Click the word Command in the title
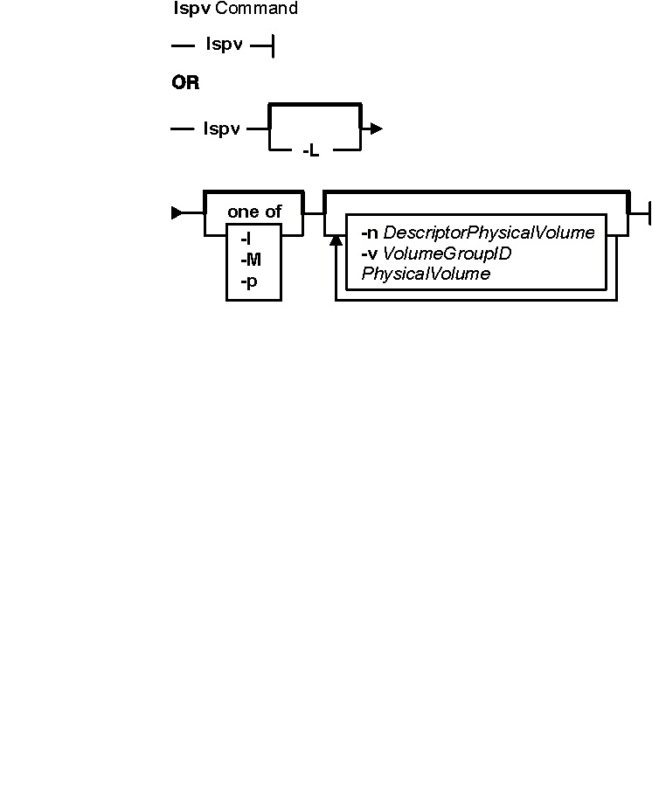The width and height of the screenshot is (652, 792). [x=257, y=8]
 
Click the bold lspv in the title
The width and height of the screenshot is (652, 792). [x=192, y=9]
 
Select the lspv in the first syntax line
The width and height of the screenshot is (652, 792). [x=225, y=45]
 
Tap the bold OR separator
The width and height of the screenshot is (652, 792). [x=185, y=82]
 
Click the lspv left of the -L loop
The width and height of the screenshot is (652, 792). [x=222, y=129]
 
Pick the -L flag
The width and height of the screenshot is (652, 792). [x=311, y=150]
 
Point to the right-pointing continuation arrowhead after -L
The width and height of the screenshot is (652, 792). [x=376, y=129]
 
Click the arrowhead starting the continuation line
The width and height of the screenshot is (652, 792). [x=177, y=212]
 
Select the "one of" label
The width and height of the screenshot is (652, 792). [x=254, y=212]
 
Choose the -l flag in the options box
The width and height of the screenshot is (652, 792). [x=246, y=239]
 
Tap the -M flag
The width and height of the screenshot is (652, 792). [x=251, y=260]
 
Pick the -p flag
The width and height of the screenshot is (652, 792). [x=249, y=281]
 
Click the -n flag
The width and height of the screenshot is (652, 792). [x=370, y=233]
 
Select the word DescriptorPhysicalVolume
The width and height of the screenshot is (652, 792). [x=489, y=233]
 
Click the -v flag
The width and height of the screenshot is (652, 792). [x=369, y=253]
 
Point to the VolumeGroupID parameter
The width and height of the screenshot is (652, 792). [x=447, y=253]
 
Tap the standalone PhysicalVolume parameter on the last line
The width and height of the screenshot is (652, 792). [x=426, y=274]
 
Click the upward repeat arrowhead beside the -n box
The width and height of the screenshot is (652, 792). [x=336, y=240]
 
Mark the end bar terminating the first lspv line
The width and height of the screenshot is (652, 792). [x=274, y=46]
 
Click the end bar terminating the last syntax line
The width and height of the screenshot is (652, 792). [x=649, y=212]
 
